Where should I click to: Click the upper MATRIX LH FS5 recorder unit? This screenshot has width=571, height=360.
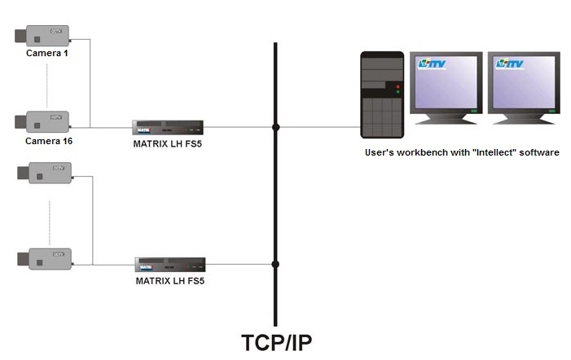click(167, 127)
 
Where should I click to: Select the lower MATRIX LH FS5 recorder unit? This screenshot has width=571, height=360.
click(169, 265)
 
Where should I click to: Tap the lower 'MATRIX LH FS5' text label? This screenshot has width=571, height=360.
click(169, 281)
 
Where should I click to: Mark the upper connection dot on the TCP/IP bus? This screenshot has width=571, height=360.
click(276, 127)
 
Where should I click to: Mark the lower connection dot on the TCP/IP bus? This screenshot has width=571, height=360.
click(276, 264)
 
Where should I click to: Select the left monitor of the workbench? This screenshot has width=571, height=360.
click(447, 86)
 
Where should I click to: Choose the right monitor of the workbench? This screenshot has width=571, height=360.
click(525, 86)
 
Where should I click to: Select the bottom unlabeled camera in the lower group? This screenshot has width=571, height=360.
click(46, 258)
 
